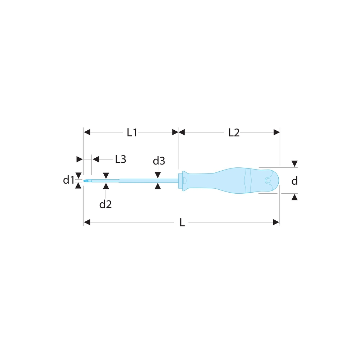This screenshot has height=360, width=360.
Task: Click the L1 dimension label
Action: coord(132,132)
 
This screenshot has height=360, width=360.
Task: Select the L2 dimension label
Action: coord(234,133)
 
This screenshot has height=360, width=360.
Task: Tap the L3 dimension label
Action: coord(121,159)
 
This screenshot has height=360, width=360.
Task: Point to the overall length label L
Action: coord(182,222)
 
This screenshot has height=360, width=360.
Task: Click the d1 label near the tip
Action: coord(68,180)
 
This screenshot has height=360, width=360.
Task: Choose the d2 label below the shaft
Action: coord(105,204)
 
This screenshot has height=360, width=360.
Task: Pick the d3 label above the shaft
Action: coord(159,161)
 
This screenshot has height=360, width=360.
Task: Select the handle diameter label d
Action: coord(294,181)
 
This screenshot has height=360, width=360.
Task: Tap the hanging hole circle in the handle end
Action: coord(268,180)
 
